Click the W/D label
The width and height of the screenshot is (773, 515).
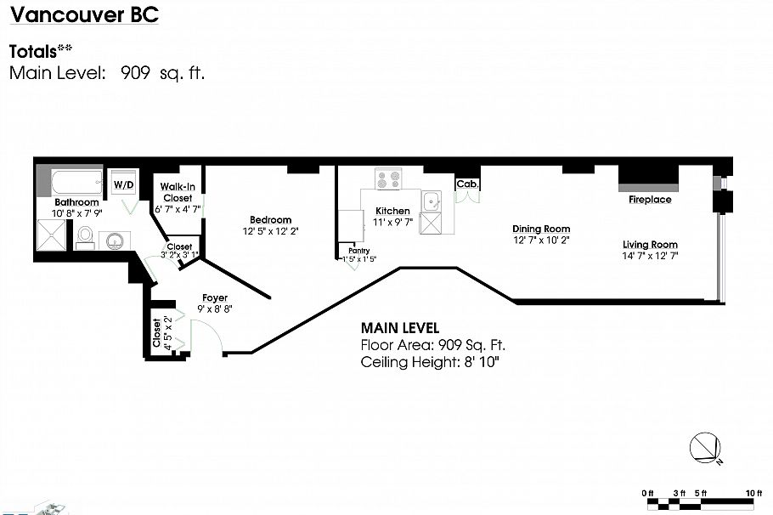124,184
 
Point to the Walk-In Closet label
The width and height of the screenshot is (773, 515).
178,192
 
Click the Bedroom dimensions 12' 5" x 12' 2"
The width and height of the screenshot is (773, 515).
271,231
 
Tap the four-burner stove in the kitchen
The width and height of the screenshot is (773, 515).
389,180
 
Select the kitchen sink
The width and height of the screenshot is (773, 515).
432,201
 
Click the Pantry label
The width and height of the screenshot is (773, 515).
358,251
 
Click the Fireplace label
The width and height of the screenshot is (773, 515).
650,200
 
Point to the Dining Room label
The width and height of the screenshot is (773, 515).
541,229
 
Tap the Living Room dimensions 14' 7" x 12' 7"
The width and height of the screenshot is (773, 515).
650,256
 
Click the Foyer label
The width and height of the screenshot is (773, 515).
214,297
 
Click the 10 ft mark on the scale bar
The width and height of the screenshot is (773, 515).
748,493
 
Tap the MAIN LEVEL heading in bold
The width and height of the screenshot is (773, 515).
400,328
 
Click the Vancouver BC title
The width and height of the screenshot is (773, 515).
83,15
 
